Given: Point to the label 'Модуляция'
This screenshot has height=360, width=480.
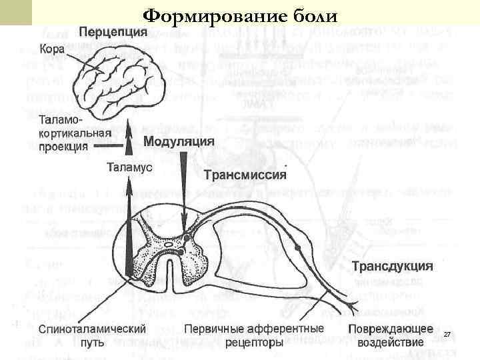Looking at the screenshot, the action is tap(179, 142).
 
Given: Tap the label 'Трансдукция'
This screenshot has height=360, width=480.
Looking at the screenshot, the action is tap(392, 266).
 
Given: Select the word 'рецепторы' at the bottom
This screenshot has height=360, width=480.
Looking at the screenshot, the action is tap(254, 343).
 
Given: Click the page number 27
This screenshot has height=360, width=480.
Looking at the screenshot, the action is tap(447, 334).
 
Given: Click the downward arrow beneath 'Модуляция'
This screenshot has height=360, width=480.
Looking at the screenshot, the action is tap(184, 193).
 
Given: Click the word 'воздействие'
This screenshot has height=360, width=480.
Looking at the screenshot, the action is tap(391, 343).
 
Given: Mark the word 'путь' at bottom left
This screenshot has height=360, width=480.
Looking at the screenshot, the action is tap(93, 343).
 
